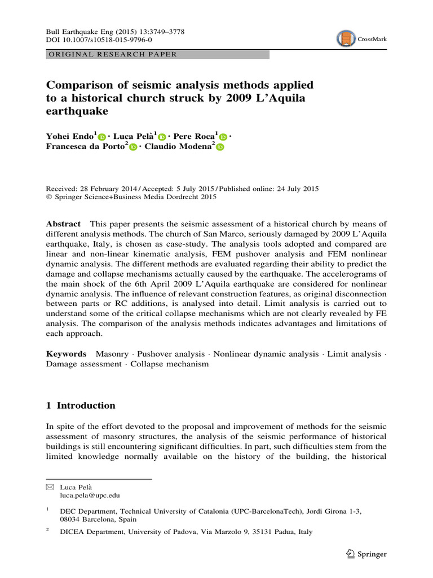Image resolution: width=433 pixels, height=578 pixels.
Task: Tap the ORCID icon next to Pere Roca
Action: (223, 137)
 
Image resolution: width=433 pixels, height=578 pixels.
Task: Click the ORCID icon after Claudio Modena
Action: (220, 147)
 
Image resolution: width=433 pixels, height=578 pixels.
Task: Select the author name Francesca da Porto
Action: (85, 147)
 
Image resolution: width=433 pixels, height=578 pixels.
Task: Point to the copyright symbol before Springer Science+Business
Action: (48, 197)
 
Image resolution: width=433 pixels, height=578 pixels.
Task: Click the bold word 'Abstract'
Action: (63, 224)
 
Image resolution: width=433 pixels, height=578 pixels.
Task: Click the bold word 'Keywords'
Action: (67, 354)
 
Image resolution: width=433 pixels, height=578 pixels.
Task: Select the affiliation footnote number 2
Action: (48, 531)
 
